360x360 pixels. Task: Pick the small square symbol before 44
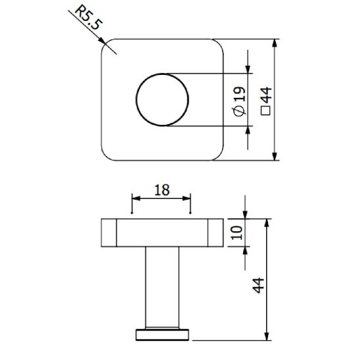pyautogui.click(x=265, y=112)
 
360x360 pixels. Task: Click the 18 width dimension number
pyautogui.click(x=162, y=190)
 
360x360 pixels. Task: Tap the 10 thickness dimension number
pyautogui.click(x=236, y=232)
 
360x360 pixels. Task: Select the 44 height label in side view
pyautogui.click(x=258, y=285)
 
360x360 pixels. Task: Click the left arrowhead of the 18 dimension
pyautogui.click(x=136, y=198)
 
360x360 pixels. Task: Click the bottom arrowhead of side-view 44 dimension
pyautogui.click(x=267, y=336)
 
